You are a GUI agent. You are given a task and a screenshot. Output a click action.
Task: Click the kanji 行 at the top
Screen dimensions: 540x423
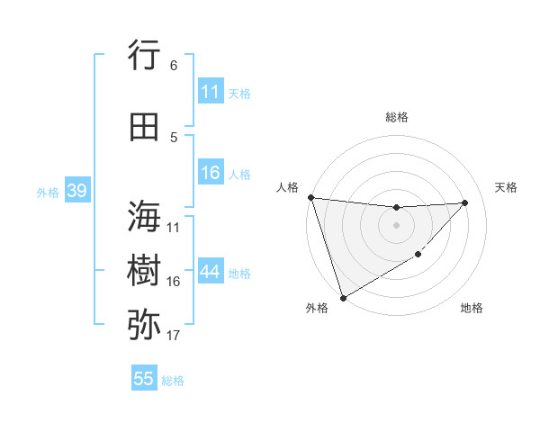point(144,55)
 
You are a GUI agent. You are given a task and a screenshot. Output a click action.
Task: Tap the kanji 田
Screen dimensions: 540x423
point(144,127)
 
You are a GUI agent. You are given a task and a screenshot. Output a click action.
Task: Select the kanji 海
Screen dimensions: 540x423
point(144,217)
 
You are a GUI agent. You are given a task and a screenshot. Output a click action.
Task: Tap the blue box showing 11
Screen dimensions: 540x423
point(211,92)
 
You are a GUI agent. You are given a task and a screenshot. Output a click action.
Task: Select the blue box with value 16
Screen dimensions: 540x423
point(211,173)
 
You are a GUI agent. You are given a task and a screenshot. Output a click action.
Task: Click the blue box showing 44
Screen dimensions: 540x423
point(211,272)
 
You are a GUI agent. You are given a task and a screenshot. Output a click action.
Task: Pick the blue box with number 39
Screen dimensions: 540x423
point(76,191)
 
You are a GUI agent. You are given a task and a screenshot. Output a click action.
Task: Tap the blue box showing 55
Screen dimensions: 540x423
point(144,379)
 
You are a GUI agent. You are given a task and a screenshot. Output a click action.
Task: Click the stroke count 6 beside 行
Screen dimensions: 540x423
point(174,66)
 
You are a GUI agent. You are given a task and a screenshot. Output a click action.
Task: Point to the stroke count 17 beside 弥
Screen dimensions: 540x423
point(174,336)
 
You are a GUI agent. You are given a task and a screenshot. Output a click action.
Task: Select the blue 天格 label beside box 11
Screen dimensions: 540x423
point(239,93)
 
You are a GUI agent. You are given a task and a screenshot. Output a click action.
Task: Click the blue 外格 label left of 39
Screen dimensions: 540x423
point(48,192)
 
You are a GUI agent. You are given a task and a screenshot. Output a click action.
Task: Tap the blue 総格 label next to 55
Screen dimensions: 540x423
point(173,380)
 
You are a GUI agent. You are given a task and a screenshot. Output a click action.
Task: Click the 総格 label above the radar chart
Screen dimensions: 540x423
point(396,117)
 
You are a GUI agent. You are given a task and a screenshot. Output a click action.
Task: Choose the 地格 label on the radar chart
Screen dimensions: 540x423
point(472,309)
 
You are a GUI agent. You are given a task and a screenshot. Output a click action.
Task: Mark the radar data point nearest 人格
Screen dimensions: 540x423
point(310,197)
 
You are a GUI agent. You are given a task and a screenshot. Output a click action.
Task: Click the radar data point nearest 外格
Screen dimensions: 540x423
point(343,297)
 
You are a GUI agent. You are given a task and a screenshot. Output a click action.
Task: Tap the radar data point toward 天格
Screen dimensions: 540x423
point(465,202)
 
